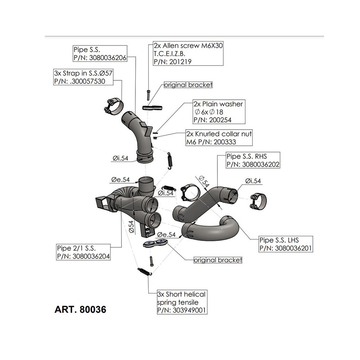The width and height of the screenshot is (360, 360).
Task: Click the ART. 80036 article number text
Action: (x=80, y=310)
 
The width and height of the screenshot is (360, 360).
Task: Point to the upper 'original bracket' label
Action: (x=188, y=85)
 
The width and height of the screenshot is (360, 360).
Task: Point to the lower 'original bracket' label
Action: (x=217, y=260)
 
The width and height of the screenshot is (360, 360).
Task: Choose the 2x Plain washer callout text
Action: (x=218, y=104)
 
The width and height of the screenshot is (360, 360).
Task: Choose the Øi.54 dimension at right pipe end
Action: (x=253, y=181)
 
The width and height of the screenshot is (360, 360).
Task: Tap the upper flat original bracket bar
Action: (x=152, y=107)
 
